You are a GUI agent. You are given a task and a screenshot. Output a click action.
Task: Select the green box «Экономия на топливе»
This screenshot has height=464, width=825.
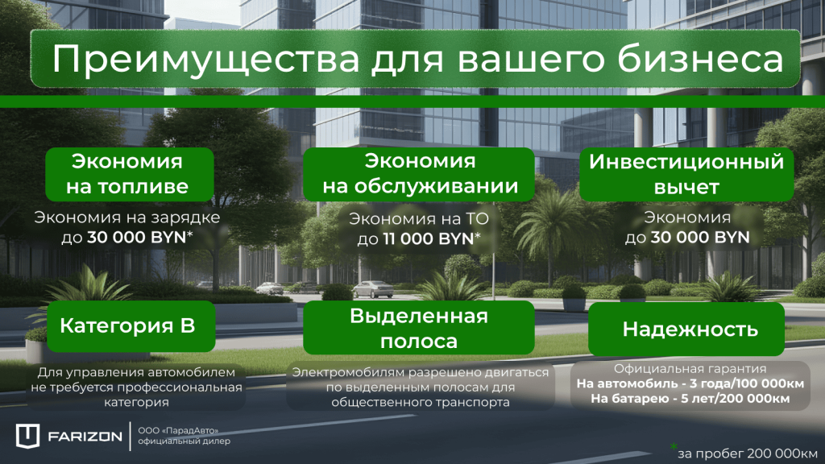[x=130, y=174]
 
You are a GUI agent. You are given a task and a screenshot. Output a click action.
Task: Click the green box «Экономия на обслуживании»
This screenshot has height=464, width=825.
[x=420, y=174]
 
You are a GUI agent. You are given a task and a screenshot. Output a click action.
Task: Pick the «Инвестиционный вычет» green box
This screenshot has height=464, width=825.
[x=686, y=174]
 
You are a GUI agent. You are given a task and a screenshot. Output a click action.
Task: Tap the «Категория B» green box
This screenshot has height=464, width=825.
[x=126, y=326]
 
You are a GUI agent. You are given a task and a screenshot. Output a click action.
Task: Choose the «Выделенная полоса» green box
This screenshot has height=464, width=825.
[x=419, y=329]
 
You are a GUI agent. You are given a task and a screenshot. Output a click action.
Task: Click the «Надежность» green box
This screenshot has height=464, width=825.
[x=690, y=329]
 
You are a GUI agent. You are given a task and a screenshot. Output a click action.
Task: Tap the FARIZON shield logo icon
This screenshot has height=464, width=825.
[x=28, y=436]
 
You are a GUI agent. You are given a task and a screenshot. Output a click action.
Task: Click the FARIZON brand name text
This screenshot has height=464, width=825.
[x=85, y=437]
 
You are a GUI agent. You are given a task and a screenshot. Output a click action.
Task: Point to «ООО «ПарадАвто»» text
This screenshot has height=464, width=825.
[x=178, y=431]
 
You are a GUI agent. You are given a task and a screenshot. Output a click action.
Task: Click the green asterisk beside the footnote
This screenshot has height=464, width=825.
[x=674, y=445]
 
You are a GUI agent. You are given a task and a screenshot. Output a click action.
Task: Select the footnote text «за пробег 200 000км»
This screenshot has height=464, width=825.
[x=748, y=452]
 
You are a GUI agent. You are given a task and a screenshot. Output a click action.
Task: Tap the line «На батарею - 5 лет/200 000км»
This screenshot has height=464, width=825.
[x=690, y=398]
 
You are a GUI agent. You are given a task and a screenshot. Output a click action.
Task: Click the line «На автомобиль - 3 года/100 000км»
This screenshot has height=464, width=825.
[x=690, y=383]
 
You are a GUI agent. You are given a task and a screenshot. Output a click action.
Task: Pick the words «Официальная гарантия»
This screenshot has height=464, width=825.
[x=690, y=370]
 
